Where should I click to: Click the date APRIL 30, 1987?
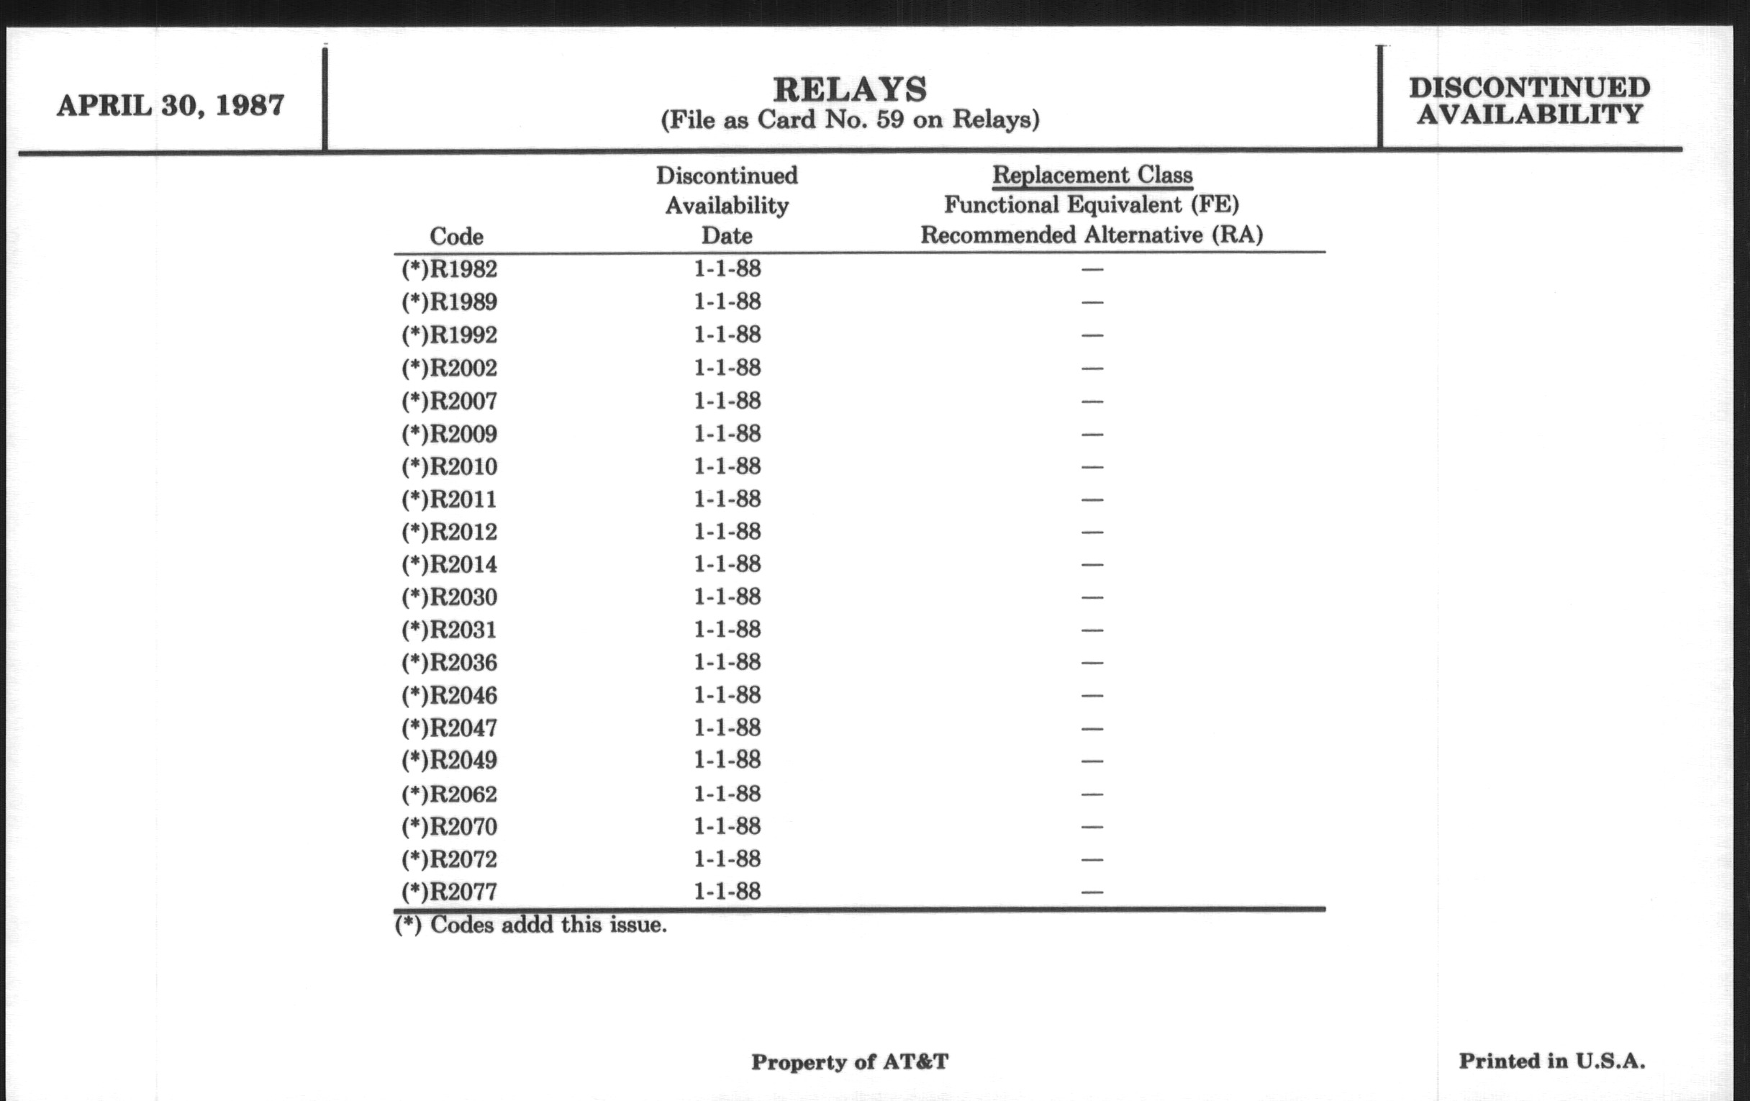pyautogui.click(x=171, y=106)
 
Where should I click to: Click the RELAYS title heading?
pyautogui.click(x=850, y=89)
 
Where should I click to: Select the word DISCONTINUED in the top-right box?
pyautogui.click(x=1529, y=88)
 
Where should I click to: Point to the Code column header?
pyautogui.click(x=456, y=236)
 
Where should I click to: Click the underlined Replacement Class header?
pyautogui.click(x=1092, y=175)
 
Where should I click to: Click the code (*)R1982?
pyautogui.click(x=449, y=270)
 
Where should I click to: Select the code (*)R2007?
pyautogui.click(x=449, y=401)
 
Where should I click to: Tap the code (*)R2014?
pyautogui.click(x=449, y=565)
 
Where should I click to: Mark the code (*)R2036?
pyautogui.click(x=449, y=663)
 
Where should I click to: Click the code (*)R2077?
pyautogui.click(x=449, y=892)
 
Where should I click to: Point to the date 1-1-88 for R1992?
pyautogui.click(x=727, y=335)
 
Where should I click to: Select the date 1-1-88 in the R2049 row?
pyautogui.click(x=727, y=760)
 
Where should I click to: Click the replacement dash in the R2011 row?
pyautogui.click(x=1092, y=500)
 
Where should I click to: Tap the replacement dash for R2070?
pyautogui.click(x=1092, y=827)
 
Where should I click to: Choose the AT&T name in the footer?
pyautogui.click(x=915, y=1062)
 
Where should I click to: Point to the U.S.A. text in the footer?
pyautogui.click(x=1610, y=1061)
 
